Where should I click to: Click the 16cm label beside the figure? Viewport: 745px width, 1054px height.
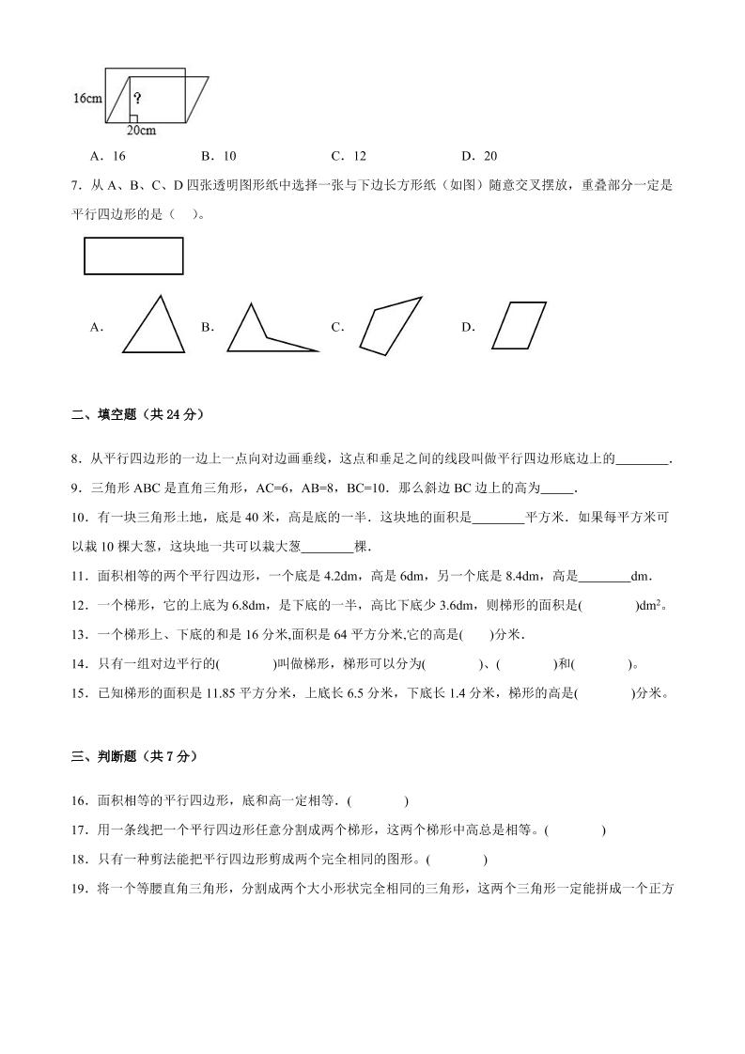[x=87, y=98]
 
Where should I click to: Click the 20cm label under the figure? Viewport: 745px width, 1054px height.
[x=141, y=130]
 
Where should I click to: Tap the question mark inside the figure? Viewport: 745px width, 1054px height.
[x=137, y=98]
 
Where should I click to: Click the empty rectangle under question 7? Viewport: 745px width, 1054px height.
[x=133, y=256]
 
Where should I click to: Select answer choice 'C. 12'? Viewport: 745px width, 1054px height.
[x=349, y=156]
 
